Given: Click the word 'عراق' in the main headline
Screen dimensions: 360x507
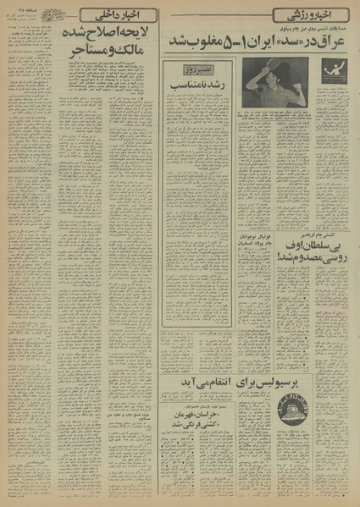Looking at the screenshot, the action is (x=329, y=41).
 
